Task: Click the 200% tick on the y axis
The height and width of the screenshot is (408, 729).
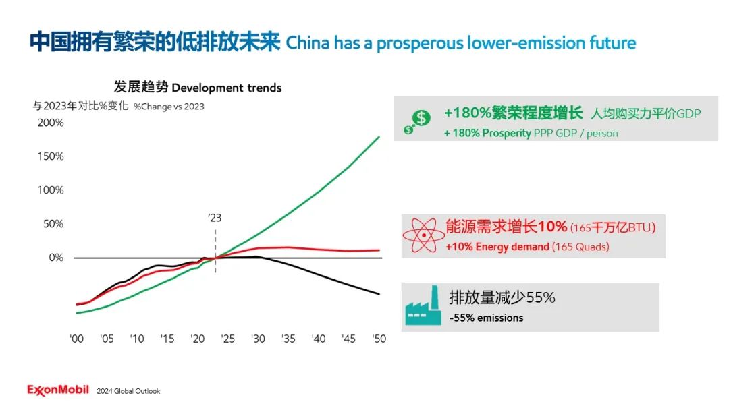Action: coord(51,123)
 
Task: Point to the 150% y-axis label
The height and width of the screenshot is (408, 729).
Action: coord(51,156)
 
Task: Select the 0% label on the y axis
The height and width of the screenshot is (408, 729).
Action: coord(56,258)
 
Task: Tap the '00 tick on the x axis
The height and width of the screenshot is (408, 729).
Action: coord(77,339)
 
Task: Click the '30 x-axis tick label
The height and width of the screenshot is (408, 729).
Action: coord(259,339)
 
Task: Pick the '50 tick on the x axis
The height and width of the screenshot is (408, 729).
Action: coord(379,339)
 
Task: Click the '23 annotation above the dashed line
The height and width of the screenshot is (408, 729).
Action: coord(215,218)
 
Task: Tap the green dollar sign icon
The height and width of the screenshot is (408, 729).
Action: coord(418,121)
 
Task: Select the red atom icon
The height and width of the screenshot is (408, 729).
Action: coord(423,236)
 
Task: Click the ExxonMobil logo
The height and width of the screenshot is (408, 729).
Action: coord(57,390)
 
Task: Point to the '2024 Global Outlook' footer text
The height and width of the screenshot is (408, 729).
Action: coord(128,391)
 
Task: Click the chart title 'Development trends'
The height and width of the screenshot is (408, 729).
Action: coord(227,88)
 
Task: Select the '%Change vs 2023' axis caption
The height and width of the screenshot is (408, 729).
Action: coord(169,106)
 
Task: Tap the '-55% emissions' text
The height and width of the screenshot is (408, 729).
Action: coord(486,318)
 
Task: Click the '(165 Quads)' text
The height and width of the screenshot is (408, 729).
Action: coord(580,247)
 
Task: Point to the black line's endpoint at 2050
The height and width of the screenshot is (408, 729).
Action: coord(379,293)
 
